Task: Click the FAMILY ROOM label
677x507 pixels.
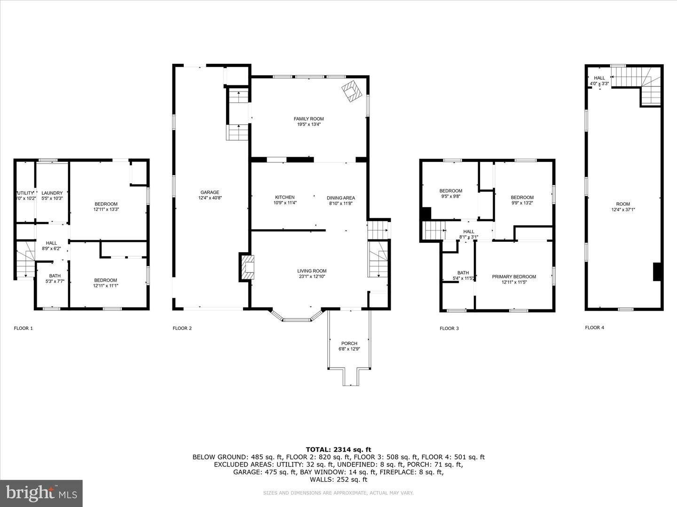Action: click(x=308, y=119)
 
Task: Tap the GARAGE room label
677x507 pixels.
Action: click(x=210, y=192)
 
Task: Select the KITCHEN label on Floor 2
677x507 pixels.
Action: click(x=285, y=198)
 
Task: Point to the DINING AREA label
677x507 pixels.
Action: click(x=341, y=198)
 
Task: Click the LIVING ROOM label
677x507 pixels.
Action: click(x=311, y=271)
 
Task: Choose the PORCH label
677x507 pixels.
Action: click(x=349, y=344)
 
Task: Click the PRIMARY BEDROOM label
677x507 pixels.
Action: click(x=514, y=277)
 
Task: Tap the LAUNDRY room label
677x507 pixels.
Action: click(x=52, y=193)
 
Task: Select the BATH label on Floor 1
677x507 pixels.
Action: click(x=55, y=276)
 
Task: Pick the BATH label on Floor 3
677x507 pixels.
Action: click(x=463, y=273)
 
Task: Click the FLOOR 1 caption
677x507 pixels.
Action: click(x=24, y=328)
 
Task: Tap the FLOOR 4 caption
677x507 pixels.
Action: click(x=595, y=328)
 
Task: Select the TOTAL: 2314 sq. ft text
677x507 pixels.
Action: click(x=338, y=449)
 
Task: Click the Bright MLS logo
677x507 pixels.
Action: click(x=41, y=493)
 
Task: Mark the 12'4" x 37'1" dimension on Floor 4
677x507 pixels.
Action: click(x=623, y=209)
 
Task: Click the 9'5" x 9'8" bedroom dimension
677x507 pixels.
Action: click(x=450, y=196)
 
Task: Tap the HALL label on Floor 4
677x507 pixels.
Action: click(x=599, y=78)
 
